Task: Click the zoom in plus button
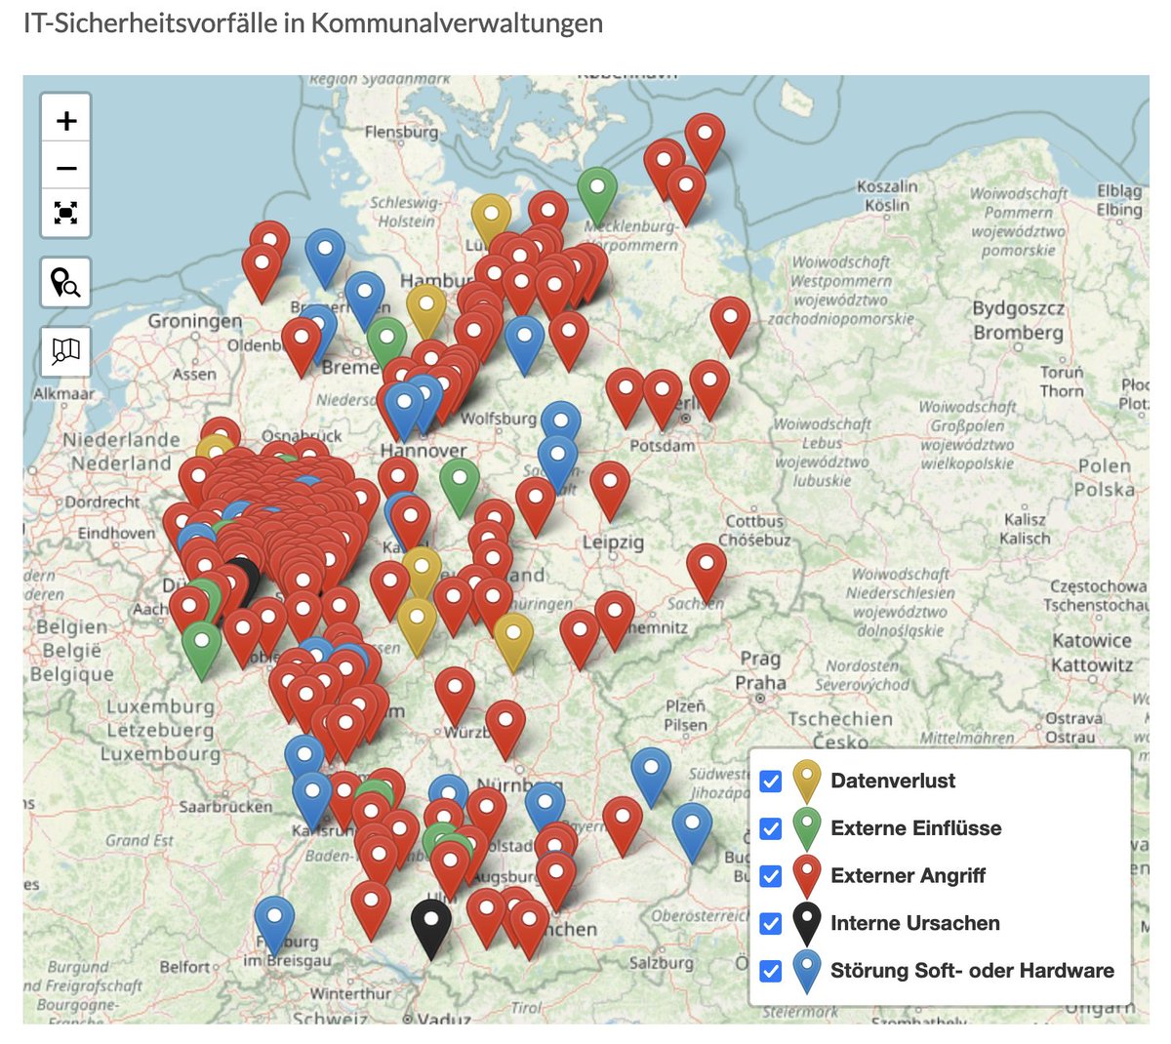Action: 66,121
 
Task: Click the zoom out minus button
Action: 66,168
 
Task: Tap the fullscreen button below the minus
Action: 66,213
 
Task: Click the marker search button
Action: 65,283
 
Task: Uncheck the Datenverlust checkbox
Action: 771,782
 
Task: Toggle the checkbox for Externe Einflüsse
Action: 771,829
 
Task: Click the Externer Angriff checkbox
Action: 771,876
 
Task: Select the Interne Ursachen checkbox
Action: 771,924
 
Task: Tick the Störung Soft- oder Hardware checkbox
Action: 771,971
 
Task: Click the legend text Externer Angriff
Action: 908,876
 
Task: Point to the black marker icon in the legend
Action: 806,921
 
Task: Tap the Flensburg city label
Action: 401,132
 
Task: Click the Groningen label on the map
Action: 195,321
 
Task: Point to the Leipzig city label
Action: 613,542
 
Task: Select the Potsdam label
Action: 663,446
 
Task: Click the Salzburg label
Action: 661,963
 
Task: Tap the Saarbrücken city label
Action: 225,807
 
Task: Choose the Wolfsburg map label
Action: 498,419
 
